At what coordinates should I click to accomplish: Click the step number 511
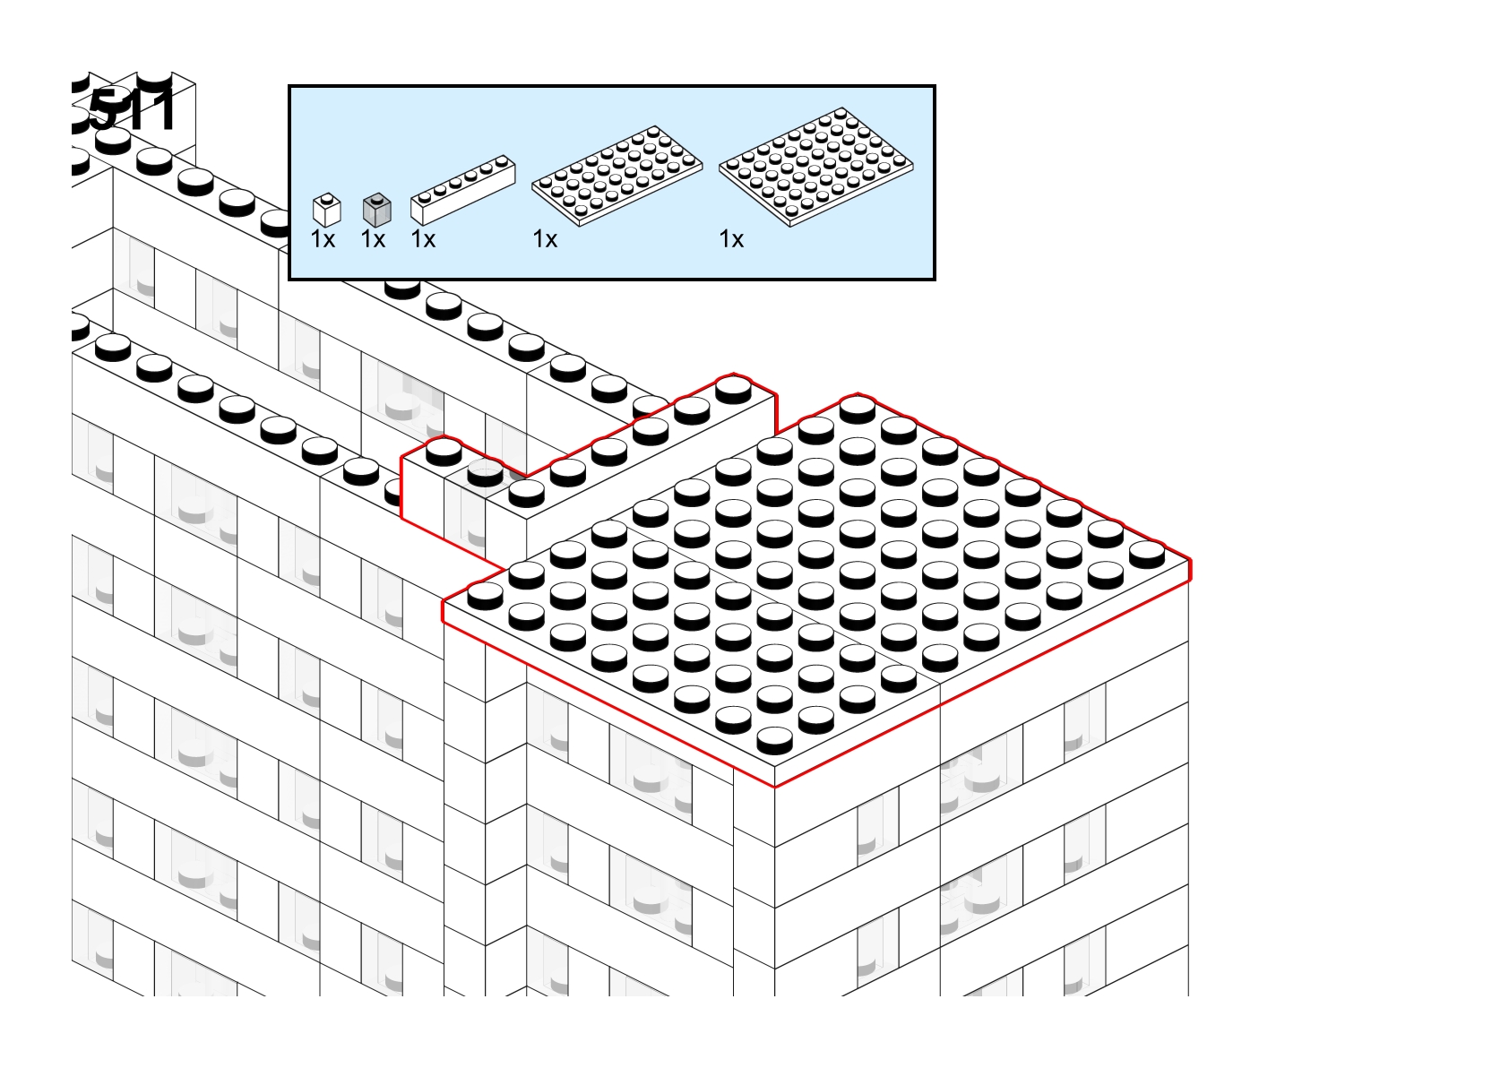coord(133,110)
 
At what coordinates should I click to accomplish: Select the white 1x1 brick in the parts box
coord(326,211)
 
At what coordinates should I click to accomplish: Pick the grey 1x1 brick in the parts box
coord(376,211)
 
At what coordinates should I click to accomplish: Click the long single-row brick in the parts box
coord(462,190)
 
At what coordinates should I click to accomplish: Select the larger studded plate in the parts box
coord(815,167)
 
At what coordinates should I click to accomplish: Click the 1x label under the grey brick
coord(373,239)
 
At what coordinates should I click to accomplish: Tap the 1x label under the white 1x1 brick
coord(323,239)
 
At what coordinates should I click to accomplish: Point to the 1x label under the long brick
coord(423,239)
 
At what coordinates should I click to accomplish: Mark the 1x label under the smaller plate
coord(545,239)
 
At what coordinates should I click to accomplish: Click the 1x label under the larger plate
coord(731,239)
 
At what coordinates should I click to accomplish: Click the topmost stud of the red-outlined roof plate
coord(858,408)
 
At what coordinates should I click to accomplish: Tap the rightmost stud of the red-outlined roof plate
coord(1147,553)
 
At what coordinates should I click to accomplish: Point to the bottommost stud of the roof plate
coord(774,739)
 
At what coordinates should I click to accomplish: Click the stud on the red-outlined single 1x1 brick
coord(444,450)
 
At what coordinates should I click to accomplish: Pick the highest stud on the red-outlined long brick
coord(733,388)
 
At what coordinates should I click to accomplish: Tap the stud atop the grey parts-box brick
coord(377,197)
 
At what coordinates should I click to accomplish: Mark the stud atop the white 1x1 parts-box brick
coord(327,197)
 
